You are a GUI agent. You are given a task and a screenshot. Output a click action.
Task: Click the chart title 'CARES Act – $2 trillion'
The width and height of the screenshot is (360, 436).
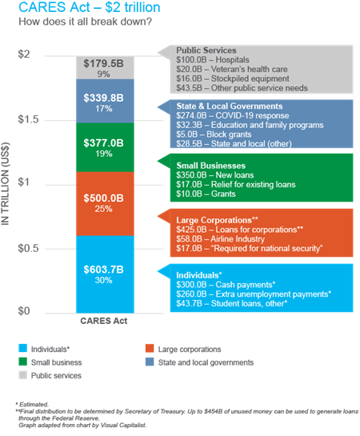tap(90, 7)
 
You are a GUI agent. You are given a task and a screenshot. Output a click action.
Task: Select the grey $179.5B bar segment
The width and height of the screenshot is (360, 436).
tap(105, 68)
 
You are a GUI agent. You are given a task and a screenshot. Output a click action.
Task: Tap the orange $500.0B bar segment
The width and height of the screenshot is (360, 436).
tap(105, 204)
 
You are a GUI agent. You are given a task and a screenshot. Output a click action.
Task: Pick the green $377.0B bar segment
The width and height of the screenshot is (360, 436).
tap(105, 147)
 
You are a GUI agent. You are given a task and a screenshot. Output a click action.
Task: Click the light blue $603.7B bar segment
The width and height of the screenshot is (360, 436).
tap(105, 274)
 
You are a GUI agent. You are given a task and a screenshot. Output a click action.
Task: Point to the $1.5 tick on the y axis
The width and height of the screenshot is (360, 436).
tap(28, 119)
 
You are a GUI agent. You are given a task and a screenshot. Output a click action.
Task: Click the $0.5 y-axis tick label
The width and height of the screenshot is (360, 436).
tap(28, 248)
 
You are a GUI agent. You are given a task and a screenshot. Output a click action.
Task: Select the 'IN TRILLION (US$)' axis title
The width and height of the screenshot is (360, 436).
tap(6, 184)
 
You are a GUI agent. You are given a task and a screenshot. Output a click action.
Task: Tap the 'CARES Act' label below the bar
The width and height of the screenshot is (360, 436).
tap(104, 321)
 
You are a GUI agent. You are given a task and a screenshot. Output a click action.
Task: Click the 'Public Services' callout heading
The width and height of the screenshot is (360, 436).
tap(206, 50)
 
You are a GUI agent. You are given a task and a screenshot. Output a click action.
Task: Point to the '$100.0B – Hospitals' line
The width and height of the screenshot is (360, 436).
tap(213, 60)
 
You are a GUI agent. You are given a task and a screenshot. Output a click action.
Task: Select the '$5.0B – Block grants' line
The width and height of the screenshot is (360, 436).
tap(214, 134)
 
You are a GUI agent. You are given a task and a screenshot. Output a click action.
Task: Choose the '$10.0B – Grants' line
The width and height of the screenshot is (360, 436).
tap(206, 194)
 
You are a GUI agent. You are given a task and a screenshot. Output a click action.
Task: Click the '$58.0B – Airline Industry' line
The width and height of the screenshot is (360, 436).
tap(221, 239)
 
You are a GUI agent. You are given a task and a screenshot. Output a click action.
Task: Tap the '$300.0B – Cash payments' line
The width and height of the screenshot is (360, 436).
tap(226, 285)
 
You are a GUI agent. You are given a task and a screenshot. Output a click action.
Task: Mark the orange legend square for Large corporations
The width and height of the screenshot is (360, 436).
tap(150, 349)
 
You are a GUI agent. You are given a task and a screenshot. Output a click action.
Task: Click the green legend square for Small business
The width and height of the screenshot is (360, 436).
tap(22, 362)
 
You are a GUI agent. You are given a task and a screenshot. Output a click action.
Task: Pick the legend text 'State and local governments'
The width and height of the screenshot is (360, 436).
tap(206, 362)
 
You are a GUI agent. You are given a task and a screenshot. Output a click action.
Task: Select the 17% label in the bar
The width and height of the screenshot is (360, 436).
tap(104, 109)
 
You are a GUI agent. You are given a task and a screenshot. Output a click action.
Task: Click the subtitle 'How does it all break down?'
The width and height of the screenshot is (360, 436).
tap(85, 22)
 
